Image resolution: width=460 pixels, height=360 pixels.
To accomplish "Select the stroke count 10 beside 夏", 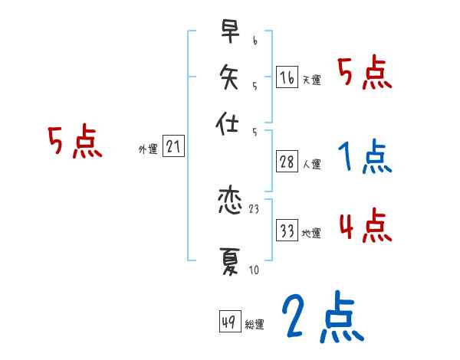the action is (x=254, y=269).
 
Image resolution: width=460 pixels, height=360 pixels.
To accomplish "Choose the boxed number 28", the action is (x=287, y=161).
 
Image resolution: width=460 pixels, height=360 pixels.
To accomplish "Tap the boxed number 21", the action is (x=173, y=147).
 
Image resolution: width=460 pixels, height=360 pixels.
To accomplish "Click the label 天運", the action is (x=311, y=80).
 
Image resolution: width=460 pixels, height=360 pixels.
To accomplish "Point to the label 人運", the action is (x=311, y=164).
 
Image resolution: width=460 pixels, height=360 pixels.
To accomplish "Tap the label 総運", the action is (x=255, y=325).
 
